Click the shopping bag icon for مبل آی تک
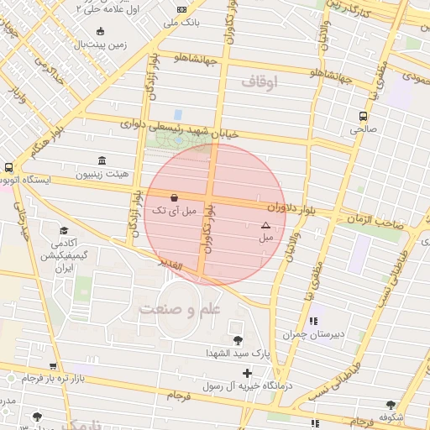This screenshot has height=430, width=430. click(x=174, y=198)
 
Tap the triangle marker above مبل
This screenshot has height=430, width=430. click(x=265, y=225)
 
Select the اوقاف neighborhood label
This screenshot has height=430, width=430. click(x=259, y=82)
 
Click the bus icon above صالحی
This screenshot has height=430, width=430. click(x=363, y=116)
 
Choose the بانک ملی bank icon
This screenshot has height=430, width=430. click(x=181, y=9)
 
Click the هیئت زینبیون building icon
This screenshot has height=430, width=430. click(x=102, y=160)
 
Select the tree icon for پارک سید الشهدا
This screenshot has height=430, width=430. click(x=239, y=340)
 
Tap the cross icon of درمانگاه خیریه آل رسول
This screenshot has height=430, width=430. click(x=247, y=373)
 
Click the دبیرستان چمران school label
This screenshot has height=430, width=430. click(x=314, y=334)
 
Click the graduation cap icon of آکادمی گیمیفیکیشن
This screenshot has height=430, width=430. click(x=64, y=230)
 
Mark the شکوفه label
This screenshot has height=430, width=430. click(x=391, y=417)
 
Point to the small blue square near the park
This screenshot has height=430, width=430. click(x=177, y=114)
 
